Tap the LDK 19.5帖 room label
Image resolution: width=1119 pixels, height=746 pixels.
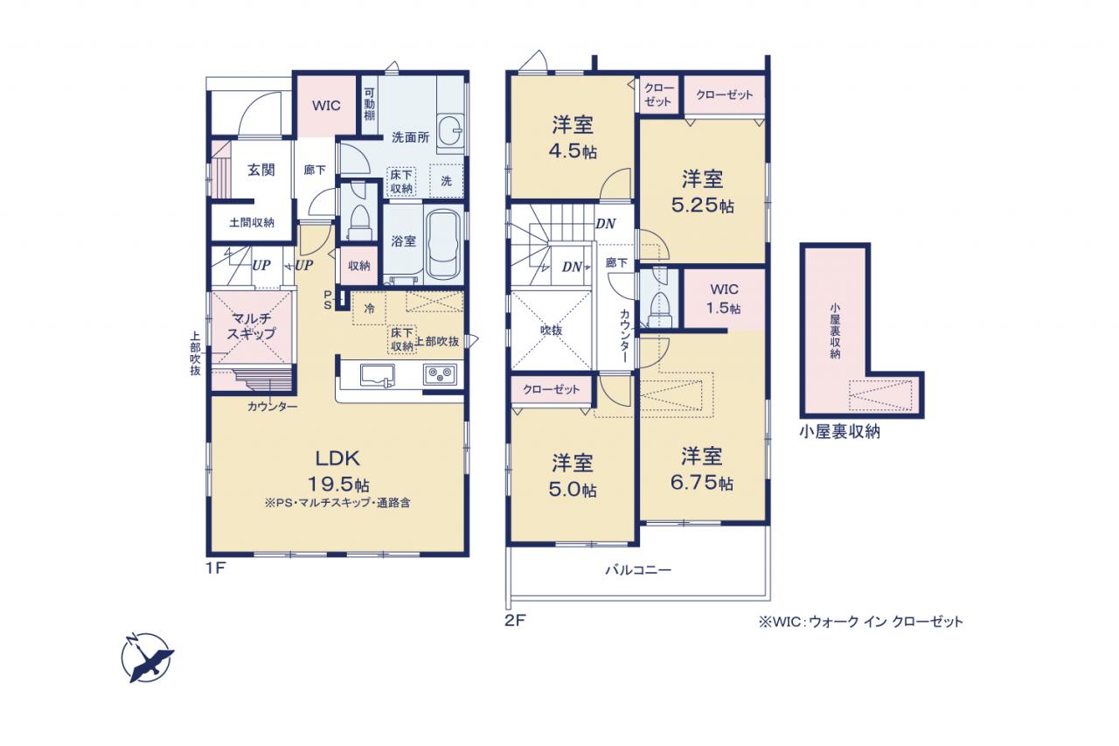[337, 471]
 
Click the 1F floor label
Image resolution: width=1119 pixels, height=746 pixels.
[216, 568]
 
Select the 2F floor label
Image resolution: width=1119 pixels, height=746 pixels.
[515, 621]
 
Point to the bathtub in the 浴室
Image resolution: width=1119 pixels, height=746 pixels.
[443, 245]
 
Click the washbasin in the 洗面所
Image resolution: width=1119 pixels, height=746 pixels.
[450, 132]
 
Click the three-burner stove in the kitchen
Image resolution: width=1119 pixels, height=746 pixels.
[440, 374]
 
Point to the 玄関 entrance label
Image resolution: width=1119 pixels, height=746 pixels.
[261, 170]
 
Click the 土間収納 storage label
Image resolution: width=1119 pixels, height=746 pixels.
[252, 222]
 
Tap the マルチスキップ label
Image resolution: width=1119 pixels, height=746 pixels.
[251, 325]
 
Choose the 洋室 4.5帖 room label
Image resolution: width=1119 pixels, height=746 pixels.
[573, 137]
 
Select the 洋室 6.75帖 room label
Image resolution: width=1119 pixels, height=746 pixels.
[702, 469]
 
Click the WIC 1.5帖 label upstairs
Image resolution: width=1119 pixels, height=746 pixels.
[724, 298]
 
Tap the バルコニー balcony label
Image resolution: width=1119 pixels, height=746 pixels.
[638, 569]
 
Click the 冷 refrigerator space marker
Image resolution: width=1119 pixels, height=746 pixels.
[369, 309]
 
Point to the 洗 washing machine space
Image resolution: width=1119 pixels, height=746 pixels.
[446, 180]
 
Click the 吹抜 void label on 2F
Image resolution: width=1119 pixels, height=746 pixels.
[551, 331]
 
